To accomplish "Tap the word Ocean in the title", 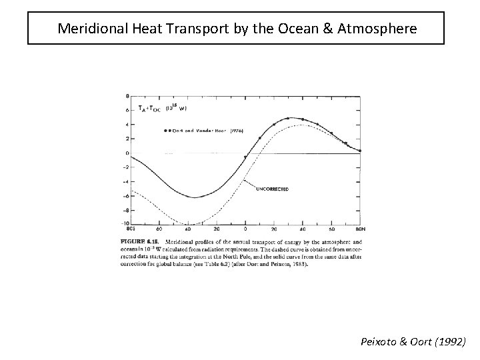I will point(292,29).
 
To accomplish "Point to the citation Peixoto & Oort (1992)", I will point(413,341).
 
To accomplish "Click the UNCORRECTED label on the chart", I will point(272,189).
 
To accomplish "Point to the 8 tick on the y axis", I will point(127,96).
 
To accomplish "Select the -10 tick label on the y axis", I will point(125,223).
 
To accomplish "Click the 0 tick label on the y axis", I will point(127,153).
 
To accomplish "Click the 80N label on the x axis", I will point(361,229).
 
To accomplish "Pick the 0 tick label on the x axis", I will point(245,229).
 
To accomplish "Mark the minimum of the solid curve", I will point(193,197).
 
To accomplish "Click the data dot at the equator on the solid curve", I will point(245,157).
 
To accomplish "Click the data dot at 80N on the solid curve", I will point(360,151).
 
